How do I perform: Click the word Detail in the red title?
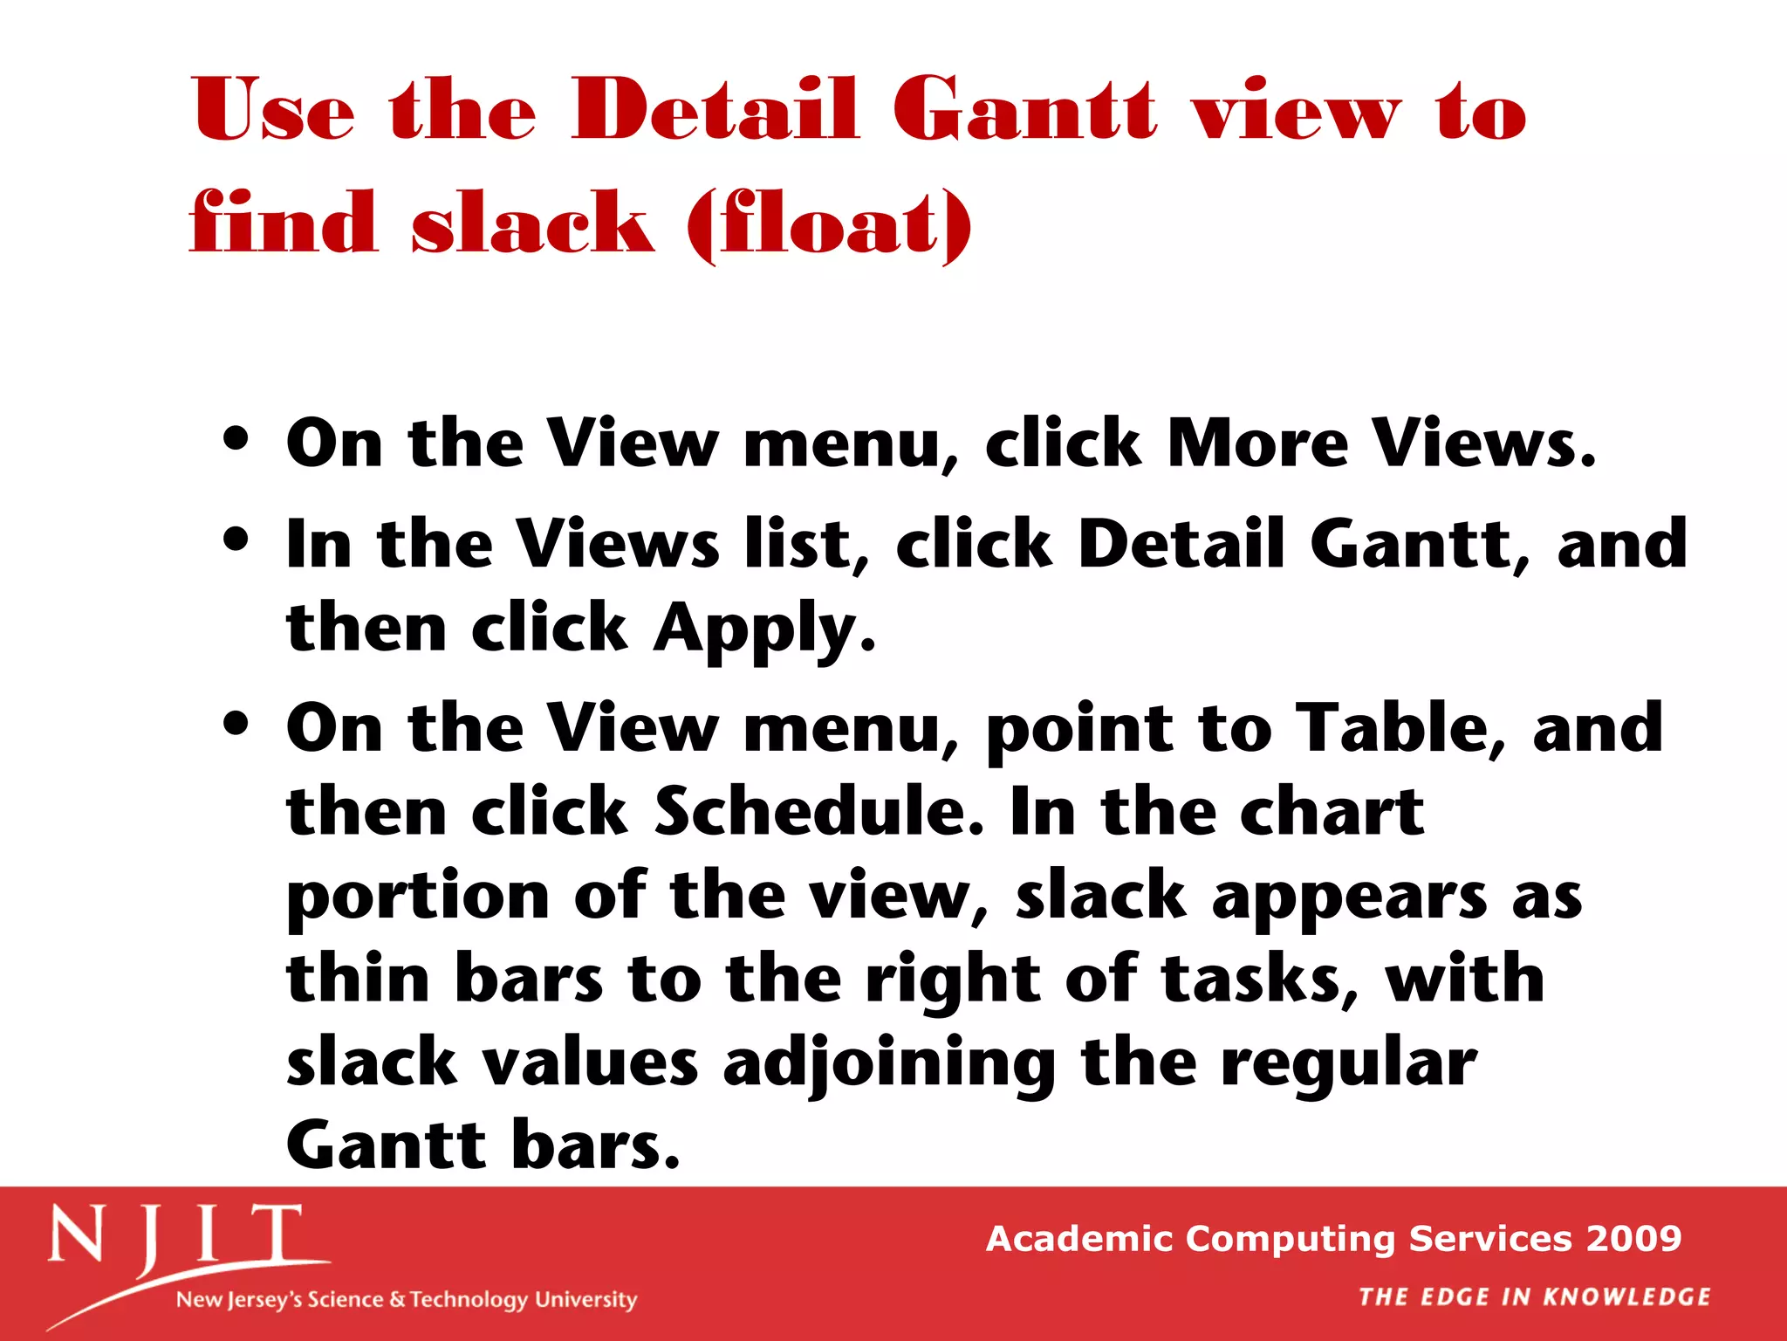[x=715, y=110]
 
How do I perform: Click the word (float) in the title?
[x=829, y=223]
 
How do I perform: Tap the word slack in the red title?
[x=532, y=223]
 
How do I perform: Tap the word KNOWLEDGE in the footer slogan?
[x=1626, y=1297]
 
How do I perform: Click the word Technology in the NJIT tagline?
[x=469, y=1300]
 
